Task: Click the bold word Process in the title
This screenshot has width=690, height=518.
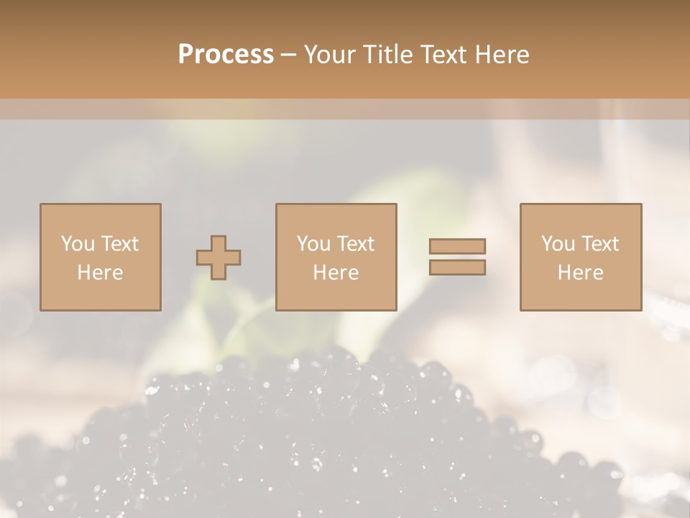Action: point(226,55)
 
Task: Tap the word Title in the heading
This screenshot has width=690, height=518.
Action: point(388,55)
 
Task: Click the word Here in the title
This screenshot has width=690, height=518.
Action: point(502,55)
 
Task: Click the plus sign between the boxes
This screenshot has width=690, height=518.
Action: point(218,258)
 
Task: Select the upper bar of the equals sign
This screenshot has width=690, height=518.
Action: point(457,247)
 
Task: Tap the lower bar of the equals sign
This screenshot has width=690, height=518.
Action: point(457,267)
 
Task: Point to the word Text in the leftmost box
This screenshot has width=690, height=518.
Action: point(119,244)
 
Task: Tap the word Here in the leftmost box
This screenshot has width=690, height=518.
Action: point(101,273)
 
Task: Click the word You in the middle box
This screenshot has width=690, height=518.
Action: point(313,244)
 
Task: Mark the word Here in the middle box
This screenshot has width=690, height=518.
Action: point(336,273)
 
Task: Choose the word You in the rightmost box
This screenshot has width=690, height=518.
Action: point(558,244)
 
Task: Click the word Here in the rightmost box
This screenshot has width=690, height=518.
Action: point(581,273)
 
